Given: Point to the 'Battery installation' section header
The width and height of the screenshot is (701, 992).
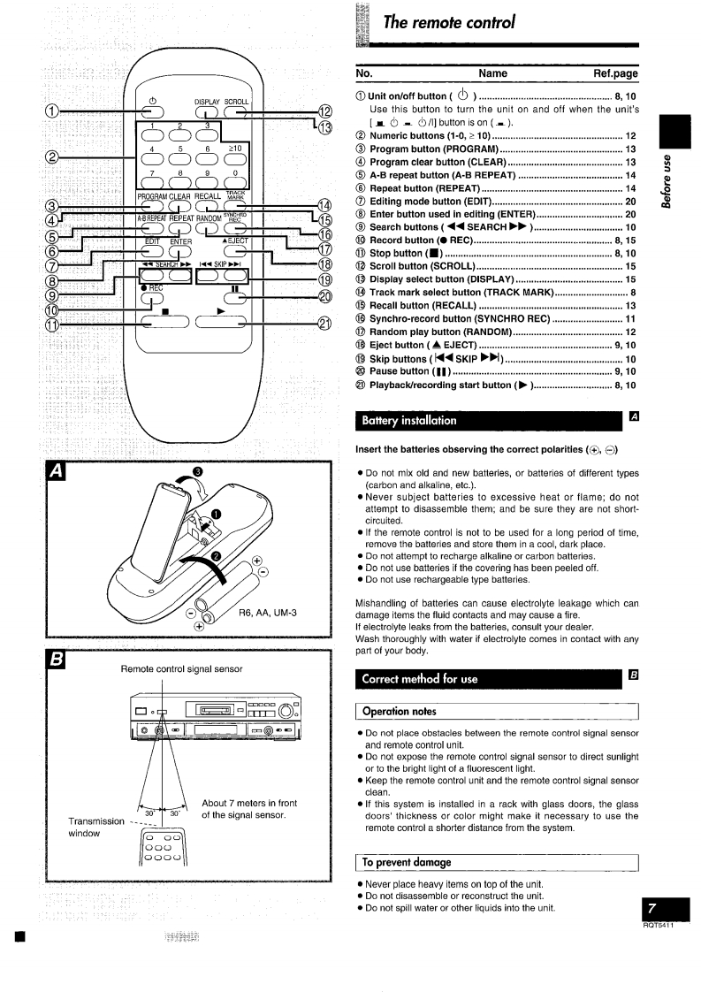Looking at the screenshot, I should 398,420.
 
